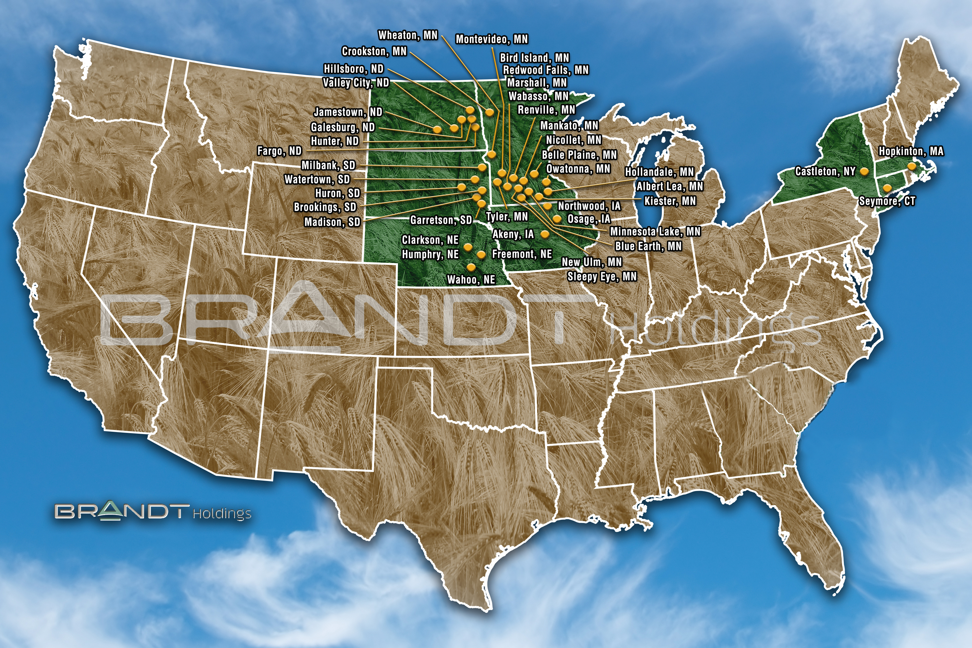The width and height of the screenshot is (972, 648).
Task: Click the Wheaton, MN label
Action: pos(408,35)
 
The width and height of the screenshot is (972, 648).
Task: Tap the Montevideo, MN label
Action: pos(491,39)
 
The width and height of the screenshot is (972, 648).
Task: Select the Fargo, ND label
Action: pos(279,151)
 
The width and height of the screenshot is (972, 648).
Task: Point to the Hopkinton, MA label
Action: pos(911,151)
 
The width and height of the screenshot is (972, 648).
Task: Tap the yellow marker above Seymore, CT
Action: pos(887,188)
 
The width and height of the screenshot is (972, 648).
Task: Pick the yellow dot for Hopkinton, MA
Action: pos(911,166)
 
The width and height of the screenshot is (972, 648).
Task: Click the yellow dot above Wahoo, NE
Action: pos(471,267)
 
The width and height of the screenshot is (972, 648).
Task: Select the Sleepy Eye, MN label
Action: pos(602,276)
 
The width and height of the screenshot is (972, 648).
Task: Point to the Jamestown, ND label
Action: pos(348,112)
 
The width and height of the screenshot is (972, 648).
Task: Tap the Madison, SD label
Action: pos(332,222)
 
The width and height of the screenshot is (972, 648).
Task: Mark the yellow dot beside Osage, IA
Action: pos(557,219)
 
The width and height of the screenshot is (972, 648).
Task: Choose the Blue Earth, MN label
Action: pos(648,246)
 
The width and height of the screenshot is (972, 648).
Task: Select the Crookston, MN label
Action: pos(374,51)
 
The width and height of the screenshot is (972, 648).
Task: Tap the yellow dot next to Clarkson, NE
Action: pos(468,247)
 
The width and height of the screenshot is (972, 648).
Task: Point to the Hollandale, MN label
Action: pos(659,172)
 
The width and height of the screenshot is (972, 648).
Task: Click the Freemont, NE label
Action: pos(522,254)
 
